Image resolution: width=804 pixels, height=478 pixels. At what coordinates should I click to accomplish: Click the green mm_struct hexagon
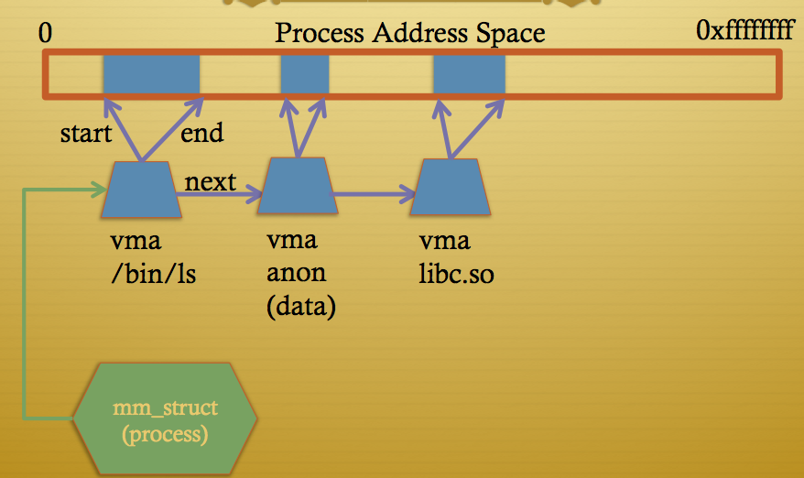(x=165, y=418)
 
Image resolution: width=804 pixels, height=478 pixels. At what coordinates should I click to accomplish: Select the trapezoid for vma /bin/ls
(x=142, y=190)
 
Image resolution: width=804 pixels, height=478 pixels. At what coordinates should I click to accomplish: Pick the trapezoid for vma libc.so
(x=449, y=187)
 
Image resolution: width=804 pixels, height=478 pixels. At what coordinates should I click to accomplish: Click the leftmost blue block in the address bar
(x=151, y=74)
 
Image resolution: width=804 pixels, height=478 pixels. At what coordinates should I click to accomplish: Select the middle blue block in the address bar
(x=304, y=74)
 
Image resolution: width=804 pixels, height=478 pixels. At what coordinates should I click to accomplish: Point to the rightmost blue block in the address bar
(x=468, y=74)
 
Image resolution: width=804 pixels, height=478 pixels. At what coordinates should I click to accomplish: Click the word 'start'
(x=86, y=134)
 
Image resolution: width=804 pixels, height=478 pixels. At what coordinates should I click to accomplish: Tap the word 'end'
(x=201, y=134)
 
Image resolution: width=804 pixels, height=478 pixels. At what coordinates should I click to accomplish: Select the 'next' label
(x=210, y=181)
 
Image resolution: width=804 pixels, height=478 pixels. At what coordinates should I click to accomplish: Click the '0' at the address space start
(x=46, y=34)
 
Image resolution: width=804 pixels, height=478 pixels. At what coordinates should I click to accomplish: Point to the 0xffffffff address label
(x=744, y=32)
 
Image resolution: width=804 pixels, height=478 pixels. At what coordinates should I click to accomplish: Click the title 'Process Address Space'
(x=410, y=34)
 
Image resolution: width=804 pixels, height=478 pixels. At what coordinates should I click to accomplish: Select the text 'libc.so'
(x=456, y=274)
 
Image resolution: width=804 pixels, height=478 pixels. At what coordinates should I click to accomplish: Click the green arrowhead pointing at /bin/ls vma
(x=99, y=190)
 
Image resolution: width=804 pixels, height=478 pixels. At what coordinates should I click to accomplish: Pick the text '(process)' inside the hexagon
(x=165, y=433)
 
